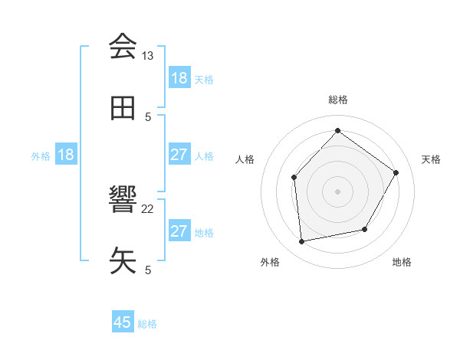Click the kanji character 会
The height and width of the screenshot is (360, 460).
click(123, 47)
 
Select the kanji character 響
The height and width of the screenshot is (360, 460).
click(123, 201)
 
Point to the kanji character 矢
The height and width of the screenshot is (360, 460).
click(123, 261)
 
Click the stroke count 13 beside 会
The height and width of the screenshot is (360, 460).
click(148, 56)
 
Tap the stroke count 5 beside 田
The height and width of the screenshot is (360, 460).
click(148, 116)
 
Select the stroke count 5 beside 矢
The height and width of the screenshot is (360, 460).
click(148, 270)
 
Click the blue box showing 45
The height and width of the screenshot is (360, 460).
click(123, 322)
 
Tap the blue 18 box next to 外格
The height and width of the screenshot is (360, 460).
click(66, 155)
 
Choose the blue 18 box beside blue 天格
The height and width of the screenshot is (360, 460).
click(179, 78)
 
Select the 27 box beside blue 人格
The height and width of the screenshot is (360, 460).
click(179, 155)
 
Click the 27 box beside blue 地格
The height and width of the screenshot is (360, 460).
click(179, 231)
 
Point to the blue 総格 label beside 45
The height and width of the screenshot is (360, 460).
click(148, 324)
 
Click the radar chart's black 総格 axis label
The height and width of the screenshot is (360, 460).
click(338, 100)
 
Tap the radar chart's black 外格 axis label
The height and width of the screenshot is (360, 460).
click(269, 263)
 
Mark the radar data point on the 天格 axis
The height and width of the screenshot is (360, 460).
click(396, 172)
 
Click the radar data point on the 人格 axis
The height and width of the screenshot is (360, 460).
click(294, 178)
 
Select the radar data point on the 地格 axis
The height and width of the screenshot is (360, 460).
click(365, 229)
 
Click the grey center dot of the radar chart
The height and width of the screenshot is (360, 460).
click(338, 191)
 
